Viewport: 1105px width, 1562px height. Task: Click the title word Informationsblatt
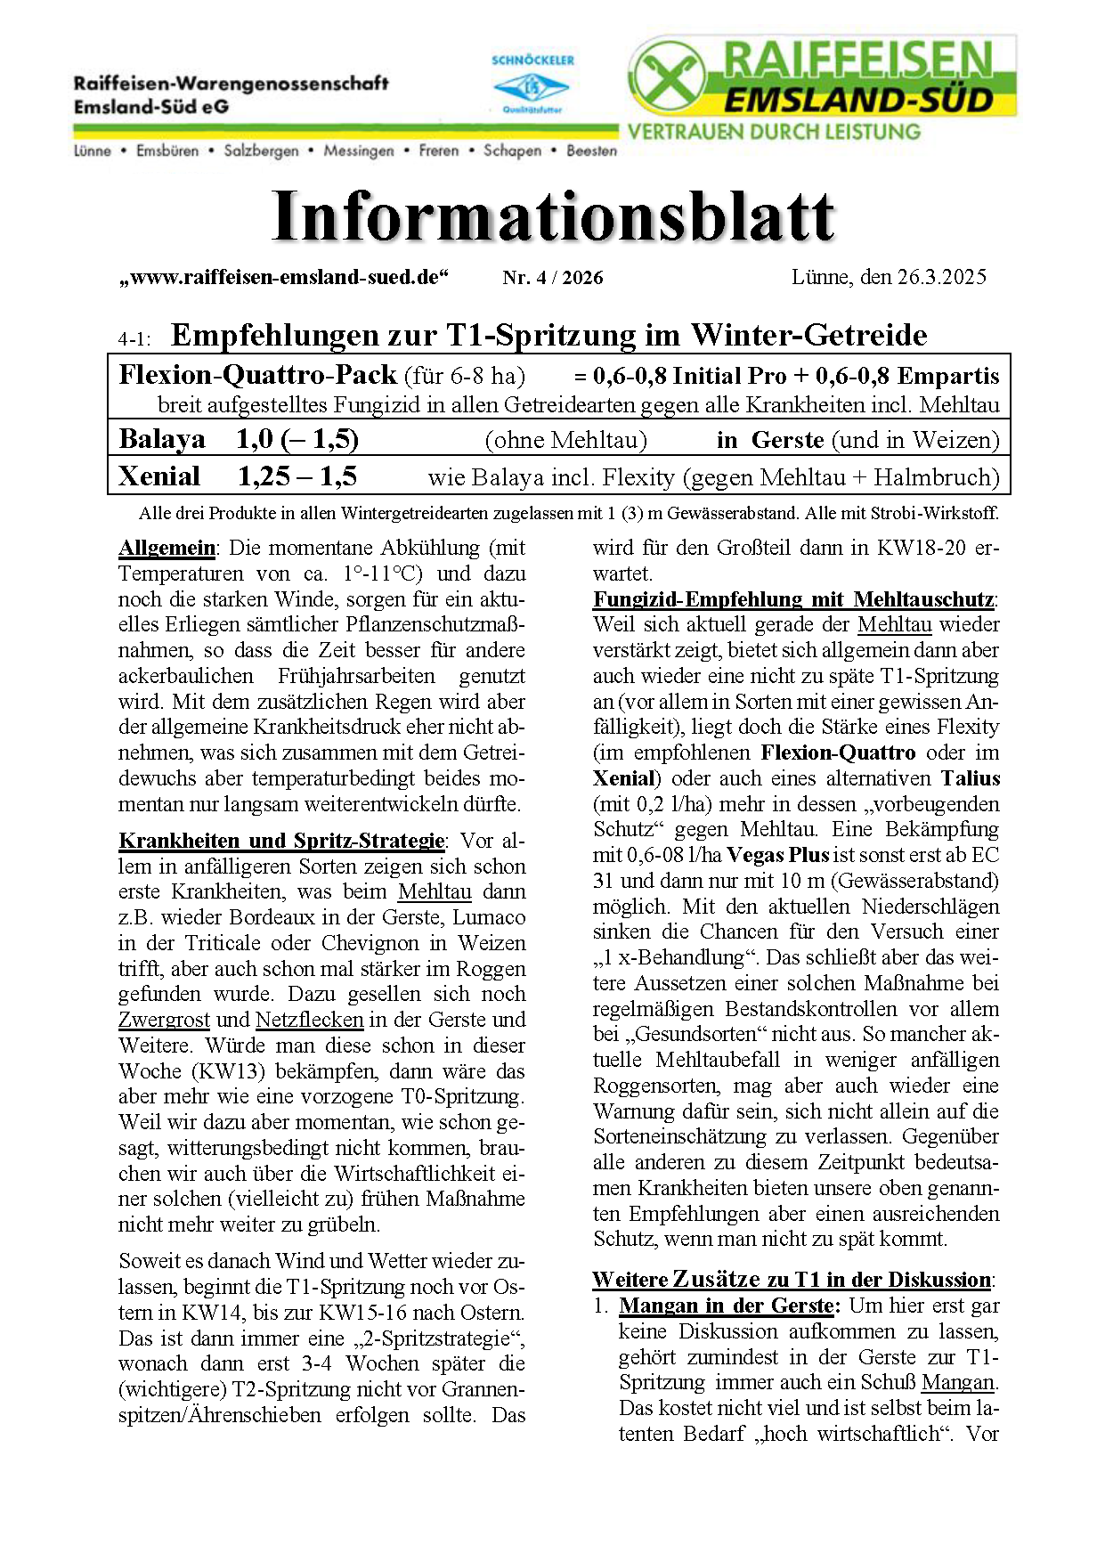tap(553, 216)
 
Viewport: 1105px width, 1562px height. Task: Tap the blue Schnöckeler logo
tap(532, 86)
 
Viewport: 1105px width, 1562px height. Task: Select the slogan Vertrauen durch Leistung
tap(774, 132)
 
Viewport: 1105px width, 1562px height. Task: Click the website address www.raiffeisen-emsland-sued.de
tap(284, 277)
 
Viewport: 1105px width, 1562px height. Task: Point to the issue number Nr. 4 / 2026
tap(552, 278)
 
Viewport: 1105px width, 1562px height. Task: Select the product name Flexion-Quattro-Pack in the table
tap(257, 375)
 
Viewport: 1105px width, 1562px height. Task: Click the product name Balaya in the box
tap(162, 440)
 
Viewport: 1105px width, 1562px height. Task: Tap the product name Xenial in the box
tap(159, 476)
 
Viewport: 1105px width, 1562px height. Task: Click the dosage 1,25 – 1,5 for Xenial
tap(297, 476)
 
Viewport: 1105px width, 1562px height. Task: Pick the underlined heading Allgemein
tap(167, 548)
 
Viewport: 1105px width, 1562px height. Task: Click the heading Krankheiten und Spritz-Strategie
tap(281, 841)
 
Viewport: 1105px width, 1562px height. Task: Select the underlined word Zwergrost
tap(164, 1020)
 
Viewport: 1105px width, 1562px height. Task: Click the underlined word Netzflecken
tap(309, 1020)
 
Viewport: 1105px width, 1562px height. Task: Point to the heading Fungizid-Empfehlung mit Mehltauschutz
tap(793, 599)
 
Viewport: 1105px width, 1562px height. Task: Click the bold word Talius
tap(971, 778)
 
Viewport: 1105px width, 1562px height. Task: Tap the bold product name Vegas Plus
tap(777, 855)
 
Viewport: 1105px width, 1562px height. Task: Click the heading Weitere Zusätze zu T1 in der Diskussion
tap(792, 1280)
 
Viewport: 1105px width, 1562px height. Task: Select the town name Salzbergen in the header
tap(261, 151)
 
